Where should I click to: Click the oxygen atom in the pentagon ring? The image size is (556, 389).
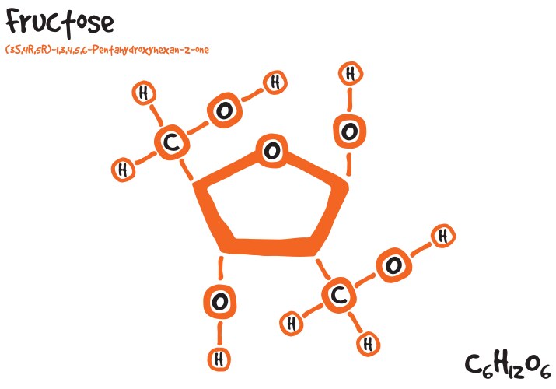pos(272,151)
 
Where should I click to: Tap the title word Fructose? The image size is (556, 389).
pos(60,22)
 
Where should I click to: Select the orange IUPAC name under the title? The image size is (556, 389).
pos(107,49)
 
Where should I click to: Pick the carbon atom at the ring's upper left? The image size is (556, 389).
pos(172,142)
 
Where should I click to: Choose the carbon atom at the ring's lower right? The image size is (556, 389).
pos(339,295)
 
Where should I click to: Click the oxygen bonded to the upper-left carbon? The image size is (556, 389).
pos(225,110)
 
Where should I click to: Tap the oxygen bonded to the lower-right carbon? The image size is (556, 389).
pos(393,265)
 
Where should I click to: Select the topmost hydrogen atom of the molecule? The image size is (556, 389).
pos(351,74)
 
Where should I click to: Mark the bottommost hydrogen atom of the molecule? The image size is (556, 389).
pos(219,359)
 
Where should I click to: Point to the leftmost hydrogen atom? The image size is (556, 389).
pos(123,170)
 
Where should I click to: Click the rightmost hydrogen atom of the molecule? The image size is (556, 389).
pos(443,236)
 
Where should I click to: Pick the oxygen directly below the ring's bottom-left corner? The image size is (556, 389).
pos(219,302)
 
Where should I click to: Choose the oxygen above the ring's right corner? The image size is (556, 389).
pos(349,131)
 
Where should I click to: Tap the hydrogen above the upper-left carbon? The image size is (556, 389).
pos(144,93)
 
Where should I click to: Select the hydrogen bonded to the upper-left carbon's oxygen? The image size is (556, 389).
pos(275,82)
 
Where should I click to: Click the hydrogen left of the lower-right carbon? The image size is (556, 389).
pos(292,324)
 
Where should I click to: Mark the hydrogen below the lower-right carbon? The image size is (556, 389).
pos(368,344)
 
